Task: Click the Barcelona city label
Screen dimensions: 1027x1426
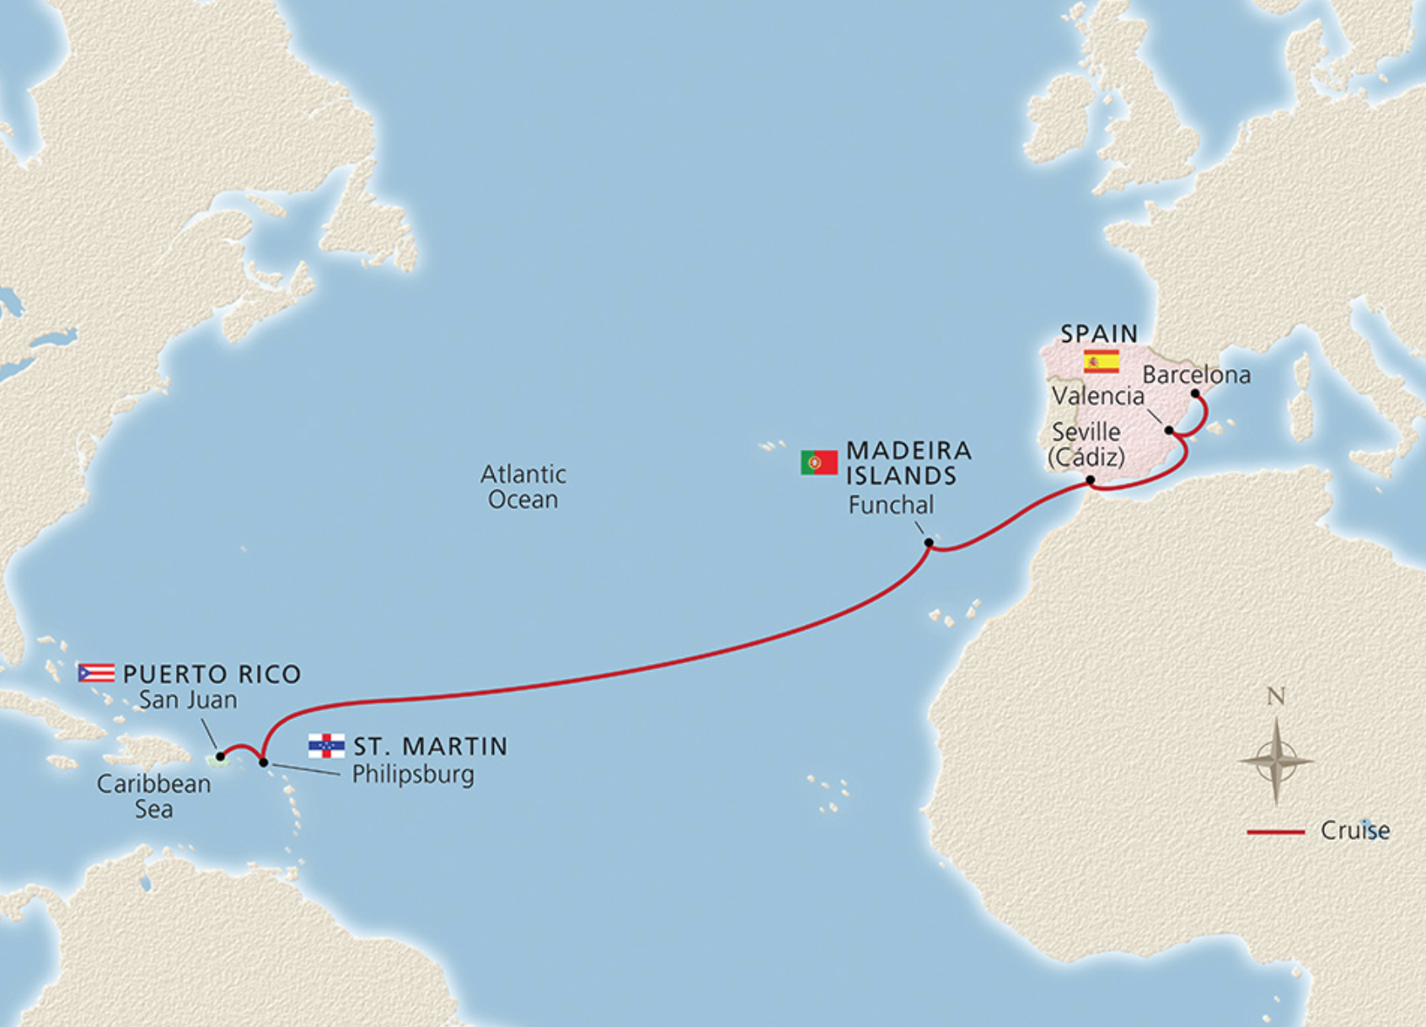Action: point(1196,375)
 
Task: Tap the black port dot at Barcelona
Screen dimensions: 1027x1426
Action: point(1195,393)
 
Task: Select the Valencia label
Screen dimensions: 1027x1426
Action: point(1097,396)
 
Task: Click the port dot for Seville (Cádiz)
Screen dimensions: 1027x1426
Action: point(1090,480)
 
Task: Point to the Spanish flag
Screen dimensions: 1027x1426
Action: point(1101,361)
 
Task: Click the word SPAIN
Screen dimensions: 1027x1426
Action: point(1099,334)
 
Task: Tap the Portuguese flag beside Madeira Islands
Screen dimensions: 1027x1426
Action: point(818,463)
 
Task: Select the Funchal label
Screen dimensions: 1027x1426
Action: point(890,505)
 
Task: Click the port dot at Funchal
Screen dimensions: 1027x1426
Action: point(929,543)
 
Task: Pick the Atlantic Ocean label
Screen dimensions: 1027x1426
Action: point(523,486)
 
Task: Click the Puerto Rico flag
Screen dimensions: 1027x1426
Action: point(96,673)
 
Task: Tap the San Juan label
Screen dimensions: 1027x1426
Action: point(188,700)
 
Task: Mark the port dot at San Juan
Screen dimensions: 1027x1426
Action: point(220,757)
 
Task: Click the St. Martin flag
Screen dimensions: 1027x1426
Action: point(326,746)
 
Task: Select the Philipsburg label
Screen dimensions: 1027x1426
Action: point(412,774)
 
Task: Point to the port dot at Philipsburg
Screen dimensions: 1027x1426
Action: point(263,762)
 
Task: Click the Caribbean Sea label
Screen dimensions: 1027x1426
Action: point(153,796)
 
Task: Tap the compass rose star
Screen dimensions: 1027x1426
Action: point(1276,761)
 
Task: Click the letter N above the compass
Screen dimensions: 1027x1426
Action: point(1275,697)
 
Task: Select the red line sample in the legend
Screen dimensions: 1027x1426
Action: point(1275,832)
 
